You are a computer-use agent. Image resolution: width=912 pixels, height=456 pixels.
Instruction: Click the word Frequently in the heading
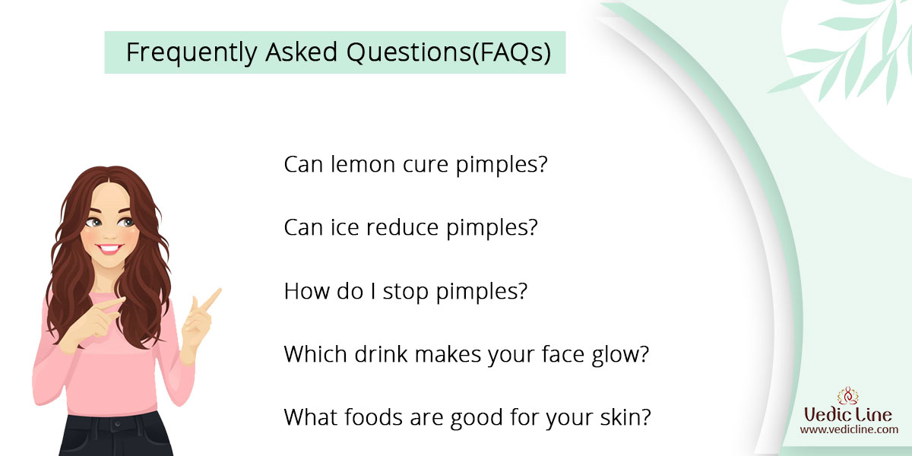point(192,52)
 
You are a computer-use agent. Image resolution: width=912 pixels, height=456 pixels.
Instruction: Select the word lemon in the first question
point(363,164)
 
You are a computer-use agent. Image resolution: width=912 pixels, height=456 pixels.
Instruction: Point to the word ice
point(344,227)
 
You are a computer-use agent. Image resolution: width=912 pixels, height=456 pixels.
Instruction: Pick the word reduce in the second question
point(402,227)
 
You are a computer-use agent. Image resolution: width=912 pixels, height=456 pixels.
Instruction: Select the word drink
point(381,354)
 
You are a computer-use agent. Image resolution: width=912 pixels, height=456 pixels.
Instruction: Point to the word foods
point(373,417)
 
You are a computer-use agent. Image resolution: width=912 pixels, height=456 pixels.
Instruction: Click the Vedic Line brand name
point(848,415)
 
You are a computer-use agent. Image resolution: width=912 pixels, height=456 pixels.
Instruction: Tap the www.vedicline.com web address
point(849,429)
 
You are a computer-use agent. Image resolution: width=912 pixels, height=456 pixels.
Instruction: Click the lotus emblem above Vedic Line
point(848,396)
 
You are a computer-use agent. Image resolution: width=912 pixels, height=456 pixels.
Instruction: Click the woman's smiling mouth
point(109,249)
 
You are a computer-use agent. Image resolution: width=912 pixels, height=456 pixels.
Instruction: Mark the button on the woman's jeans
point(118,424)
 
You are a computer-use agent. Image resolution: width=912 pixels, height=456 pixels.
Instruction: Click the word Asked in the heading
point(301,52)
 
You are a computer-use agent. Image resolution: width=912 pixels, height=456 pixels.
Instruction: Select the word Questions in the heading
point(409,52)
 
